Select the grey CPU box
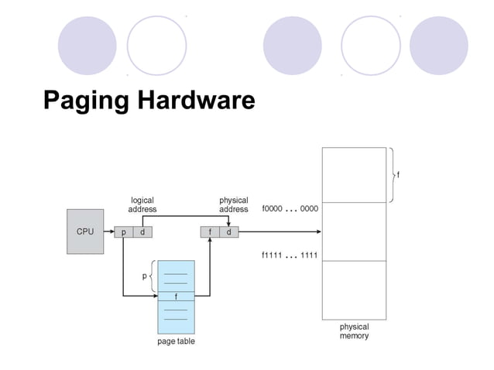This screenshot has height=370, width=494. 85,231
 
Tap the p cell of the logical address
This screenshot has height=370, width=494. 124,231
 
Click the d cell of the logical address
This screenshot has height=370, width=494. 142,231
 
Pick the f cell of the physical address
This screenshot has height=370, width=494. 210,231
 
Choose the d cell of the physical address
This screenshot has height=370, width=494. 228,231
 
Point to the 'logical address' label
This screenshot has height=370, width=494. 142,204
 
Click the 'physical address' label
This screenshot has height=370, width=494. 233,204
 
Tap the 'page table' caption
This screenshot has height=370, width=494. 177,341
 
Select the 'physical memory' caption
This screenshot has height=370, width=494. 354,331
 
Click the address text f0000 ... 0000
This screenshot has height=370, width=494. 290,209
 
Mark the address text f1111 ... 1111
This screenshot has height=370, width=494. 290,255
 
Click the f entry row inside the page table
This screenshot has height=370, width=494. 177,296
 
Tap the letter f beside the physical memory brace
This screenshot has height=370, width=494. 398,175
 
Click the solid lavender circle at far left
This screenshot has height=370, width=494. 87,45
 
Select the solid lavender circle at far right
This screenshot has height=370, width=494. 439,45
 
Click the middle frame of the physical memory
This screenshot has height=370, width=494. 354,231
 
